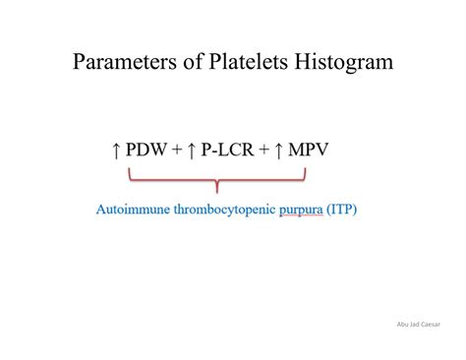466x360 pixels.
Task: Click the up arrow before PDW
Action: [x=117, y=151]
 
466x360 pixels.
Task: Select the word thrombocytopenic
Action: [x=225, y=210]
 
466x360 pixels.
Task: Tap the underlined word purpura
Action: [x=301, y=210]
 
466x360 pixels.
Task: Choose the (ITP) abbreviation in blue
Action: [x=342, y=210]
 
